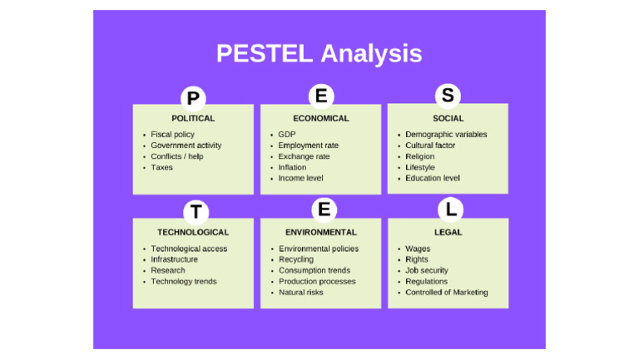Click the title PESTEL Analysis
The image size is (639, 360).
click(319, 54)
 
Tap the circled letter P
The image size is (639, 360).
click(193, 99)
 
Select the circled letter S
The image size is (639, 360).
click(448, 96)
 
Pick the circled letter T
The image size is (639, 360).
click(195, 212)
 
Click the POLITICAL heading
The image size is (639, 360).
click(193, 118)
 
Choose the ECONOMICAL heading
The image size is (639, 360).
click(320, 118)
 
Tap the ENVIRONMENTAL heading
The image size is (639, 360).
click(320, 232)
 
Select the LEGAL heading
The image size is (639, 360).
click(448, 232)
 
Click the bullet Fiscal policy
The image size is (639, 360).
click(172, 135)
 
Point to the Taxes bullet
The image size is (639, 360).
click(161, 167)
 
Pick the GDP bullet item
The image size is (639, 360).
click(287, 135)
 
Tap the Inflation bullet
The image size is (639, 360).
click(292, 167)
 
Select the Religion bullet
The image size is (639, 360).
click(419, 156)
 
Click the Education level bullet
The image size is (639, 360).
click(433, 178)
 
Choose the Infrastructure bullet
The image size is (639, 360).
click(174, 259)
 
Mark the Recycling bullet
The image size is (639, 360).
click(296, 259)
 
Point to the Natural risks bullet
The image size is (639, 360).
click(300, 292)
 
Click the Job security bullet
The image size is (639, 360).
click(427, 270)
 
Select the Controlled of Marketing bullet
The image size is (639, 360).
click(446, 292)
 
